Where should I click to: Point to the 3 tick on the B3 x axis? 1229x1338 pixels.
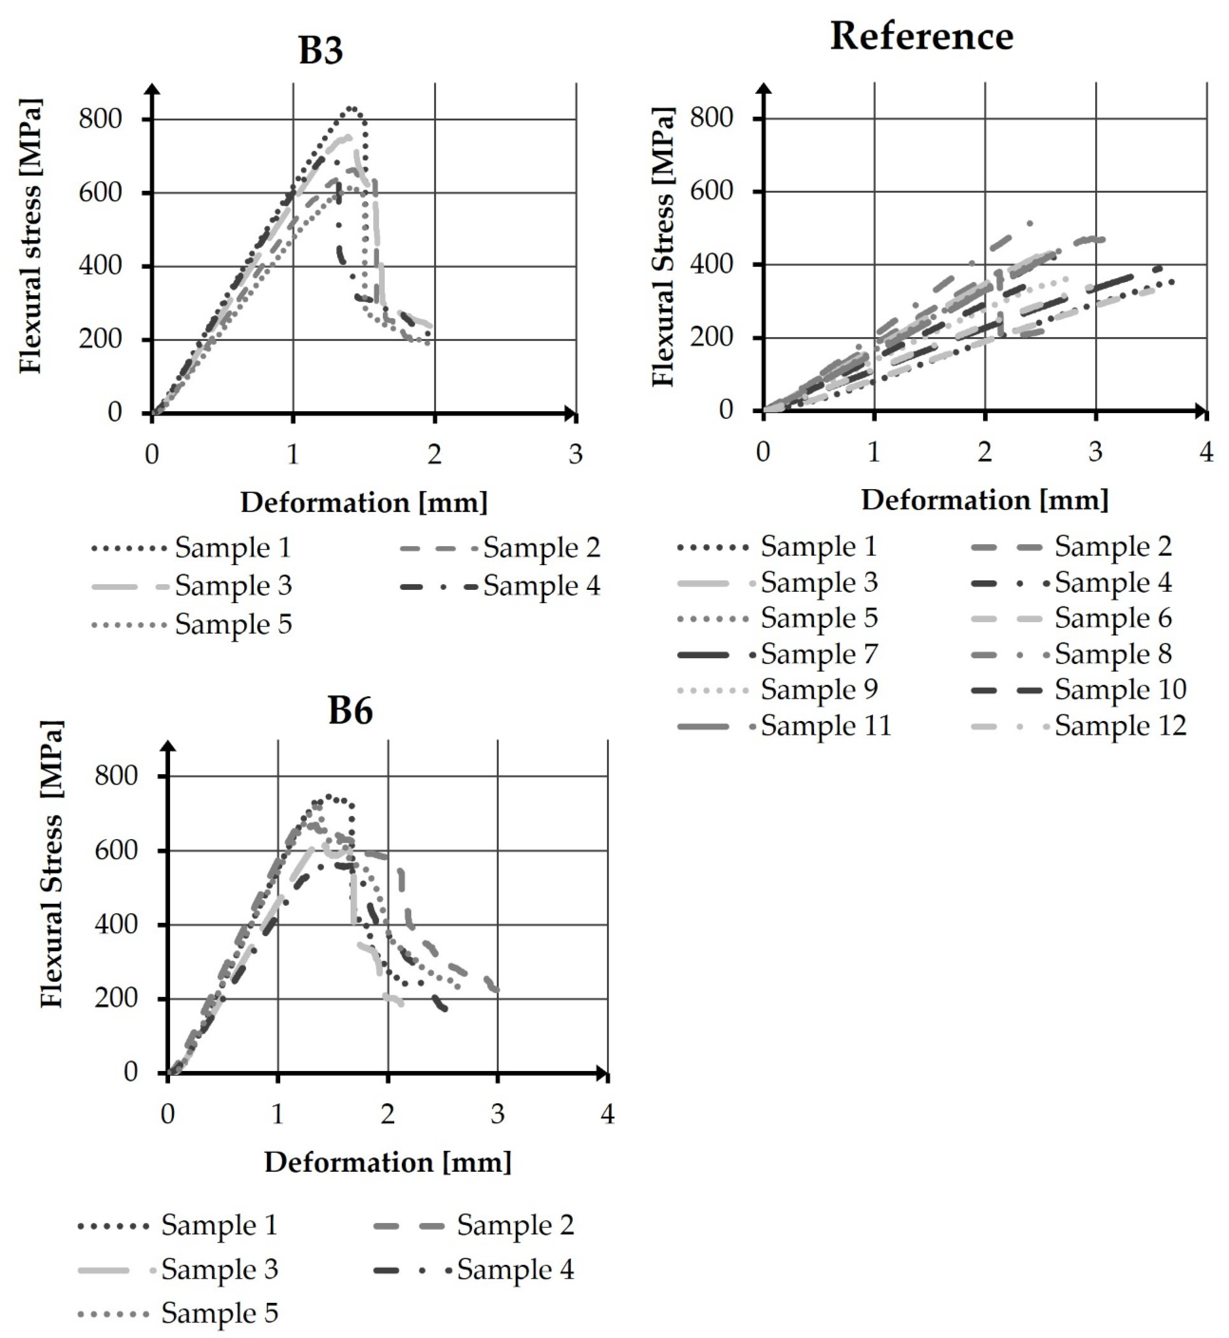[575, 455]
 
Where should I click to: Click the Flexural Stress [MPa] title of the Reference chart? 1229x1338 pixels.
[663, 246]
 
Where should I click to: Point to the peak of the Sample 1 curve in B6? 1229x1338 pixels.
[329, 796]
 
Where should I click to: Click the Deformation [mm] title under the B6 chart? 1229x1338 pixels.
[388, 1162]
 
